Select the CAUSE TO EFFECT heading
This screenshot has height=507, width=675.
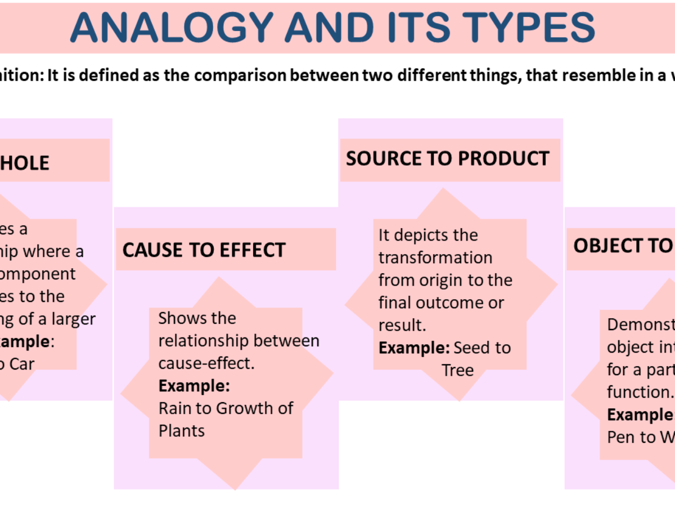click(x=204, y=250)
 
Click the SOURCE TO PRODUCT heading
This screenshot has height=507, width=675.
click(x=447, y=159)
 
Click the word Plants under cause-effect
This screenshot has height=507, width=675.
click(x=181, y=431)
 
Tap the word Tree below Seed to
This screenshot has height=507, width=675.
click(x=457, y=371)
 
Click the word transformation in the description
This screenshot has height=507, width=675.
click(x=435, y=257)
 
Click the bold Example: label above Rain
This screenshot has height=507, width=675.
click(x=194, y=386)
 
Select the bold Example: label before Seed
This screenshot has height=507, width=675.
click(x=414, y=348)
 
